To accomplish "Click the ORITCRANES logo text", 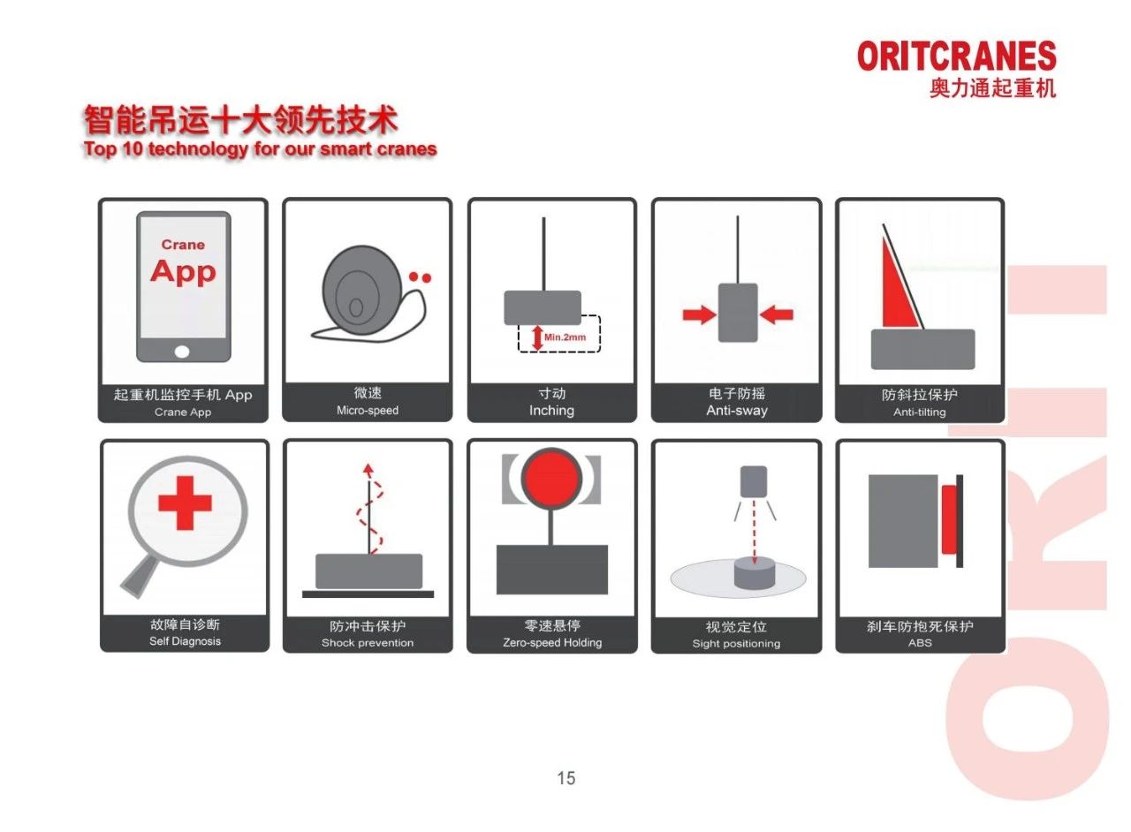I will click(x=956, y=57).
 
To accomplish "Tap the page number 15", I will click(x=565, y=778).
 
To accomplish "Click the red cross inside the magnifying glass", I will click(x=185, y=503).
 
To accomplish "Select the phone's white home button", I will click(x=182, y=351).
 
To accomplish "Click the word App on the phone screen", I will click(x=183, y=271).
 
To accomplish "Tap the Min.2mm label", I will click(x=565, y=337).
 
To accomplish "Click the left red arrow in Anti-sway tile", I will click(x=698, y=314).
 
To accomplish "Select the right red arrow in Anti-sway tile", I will click(x=777, y=314).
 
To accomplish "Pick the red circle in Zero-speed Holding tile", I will click(x=551, y=480).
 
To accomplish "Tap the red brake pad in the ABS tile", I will click(x=949, y=519).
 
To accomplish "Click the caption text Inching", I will click(x=551, y=411).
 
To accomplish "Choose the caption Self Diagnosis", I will click(x=185, y=641).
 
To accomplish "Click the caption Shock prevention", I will click(x=368, y=643).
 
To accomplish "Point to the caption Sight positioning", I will click(x=736, y=644).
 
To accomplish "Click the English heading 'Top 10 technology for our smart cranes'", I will click(x=261, y=148).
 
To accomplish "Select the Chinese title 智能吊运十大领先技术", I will click(x=240, y=119).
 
